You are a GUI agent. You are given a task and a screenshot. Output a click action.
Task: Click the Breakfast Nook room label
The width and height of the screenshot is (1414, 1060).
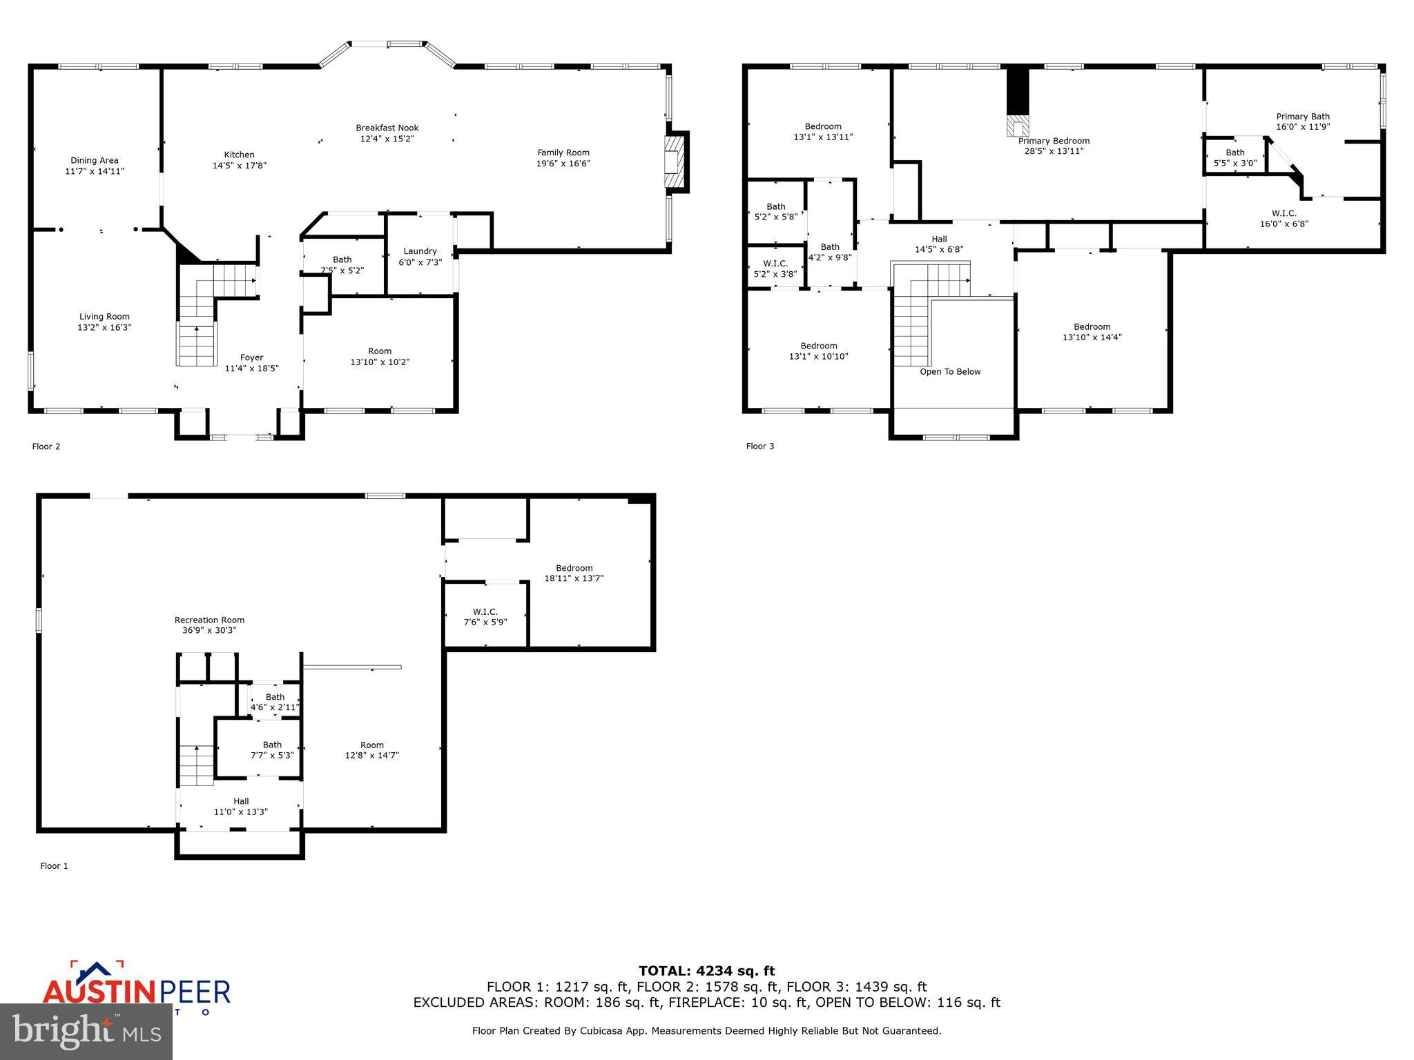tap(387, 128)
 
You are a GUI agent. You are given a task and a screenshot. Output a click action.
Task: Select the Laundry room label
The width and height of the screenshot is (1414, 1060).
tap(420, 251)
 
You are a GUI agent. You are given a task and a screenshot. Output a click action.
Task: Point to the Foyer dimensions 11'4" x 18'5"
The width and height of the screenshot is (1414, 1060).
tap(251, 369)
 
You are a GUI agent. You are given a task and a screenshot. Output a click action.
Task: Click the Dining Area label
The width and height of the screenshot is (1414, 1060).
tap(95, 160)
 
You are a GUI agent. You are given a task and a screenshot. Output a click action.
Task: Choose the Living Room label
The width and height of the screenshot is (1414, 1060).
tap(104, 317)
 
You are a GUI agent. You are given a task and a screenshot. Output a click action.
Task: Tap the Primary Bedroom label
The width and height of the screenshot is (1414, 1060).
tap(1054, 141)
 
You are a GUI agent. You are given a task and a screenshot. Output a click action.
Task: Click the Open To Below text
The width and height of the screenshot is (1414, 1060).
tap(950, 372)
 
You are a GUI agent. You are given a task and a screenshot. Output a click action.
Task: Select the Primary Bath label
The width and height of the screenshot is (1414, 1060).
tap(1302, 117)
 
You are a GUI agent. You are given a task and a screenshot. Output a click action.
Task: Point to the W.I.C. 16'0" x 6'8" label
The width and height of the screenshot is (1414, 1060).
tap(1284, 219)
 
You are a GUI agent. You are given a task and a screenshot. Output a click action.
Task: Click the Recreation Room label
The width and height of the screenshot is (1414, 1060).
tap(209, 620)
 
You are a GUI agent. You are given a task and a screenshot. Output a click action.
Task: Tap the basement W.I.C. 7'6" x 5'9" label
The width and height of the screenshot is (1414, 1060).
tap(485, 617)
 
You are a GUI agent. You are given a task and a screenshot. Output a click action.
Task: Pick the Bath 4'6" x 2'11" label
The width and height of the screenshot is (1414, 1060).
tap(275, 703)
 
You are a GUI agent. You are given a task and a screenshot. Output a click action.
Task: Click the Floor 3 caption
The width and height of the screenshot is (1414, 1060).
tap(759, 446)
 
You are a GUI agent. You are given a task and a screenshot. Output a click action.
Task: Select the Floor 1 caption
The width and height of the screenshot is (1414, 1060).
tap(54, 866)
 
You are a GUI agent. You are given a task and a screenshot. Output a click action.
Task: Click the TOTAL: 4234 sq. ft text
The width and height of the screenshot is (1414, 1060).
tap(706, 971)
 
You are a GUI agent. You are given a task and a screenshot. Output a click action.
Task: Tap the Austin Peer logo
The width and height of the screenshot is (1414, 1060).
tap(136, 988)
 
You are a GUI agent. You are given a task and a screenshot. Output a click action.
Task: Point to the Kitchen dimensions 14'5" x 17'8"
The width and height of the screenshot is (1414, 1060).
tap(239, 166)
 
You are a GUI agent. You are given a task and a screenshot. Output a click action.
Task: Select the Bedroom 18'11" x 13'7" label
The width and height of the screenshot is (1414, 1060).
tap(574, 573)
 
